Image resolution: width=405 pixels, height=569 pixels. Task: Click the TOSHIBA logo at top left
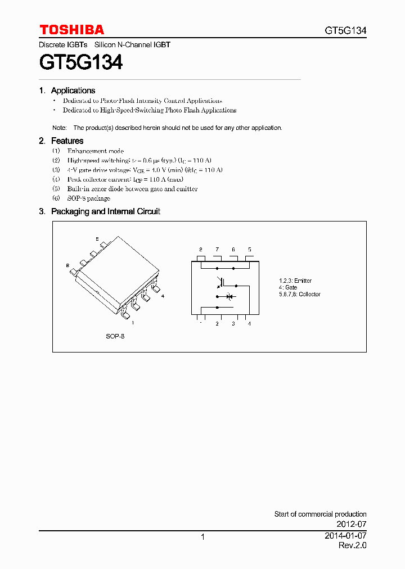71,30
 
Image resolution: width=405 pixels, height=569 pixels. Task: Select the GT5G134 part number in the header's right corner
345,31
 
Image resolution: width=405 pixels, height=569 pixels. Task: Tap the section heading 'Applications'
73,91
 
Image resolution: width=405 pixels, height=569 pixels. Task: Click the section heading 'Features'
67,141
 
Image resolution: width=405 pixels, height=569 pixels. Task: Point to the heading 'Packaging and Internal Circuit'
105,211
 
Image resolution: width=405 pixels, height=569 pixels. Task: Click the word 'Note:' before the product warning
60,128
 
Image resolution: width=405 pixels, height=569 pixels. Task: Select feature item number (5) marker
56,189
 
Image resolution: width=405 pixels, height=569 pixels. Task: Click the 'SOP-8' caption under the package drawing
115,336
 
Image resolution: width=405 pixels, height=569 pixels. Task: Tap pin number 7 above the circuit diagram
217,249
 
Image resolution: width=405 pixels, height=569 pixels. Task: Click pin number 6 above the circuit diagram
233,249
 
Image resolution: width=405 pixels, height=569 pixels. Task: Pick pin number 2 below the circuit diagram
217,324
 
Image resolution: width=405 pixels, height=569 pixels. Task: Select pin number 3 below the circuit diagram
233,324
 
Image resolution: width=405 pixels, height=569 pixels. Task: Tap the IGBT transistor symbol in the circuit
220,283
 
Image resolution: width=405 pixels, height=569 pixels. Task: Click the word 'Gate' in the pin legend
291,287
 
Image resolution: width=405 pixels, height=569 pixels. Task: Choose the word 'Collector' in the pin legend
309,294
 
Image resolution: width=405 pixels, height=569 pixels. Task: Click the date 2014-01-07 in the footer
345,536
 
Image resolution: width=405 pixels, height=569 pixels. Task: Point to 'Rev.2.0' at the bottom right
352,546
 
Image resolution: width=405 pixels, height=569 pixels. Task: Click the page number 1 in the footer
202,538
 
